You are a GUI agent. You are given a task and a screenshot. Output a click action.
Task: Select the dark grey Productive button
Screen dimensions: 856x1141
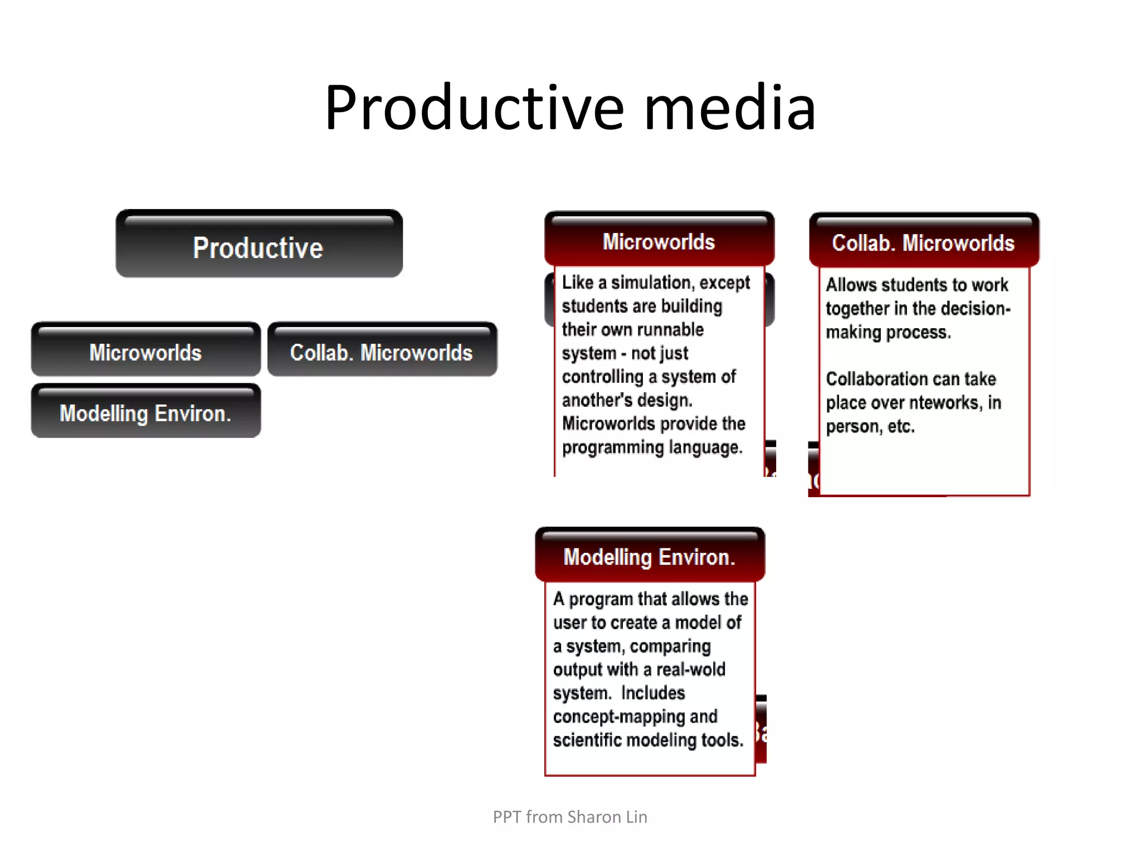click(x=259, y=247)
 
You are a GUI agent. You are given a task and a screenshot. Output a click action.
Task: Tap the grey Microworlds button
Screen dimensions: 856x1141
click(x=145, y=352)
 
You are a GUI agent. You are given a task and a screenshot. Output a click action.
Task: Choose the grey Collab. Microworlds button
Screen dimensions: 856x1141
click(x=382, y=352)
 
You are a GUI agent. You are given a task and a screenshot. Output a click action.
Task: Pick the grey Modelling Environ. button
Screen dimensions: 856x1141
click(x=145, y=414)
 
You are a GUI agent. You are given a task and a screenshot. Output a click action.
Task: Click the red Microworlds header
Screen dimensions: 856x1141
click(x=659, y=242)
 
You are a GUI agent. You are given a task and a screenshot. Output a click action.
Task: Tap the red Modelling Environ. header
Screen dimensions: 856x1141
click(x=649, y=557)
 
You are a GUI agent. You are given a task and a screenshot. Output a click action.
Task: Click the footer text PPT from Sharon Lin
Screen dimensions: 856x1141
click(x=570, y=817)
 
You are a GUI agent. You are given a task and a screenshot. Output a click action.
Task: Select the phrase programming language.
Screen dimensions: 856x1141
click(x=652, y=448)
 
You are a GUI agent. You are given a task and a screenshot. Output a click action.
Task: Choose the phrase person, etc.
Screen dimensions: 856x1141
click(x=870, y=426)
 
